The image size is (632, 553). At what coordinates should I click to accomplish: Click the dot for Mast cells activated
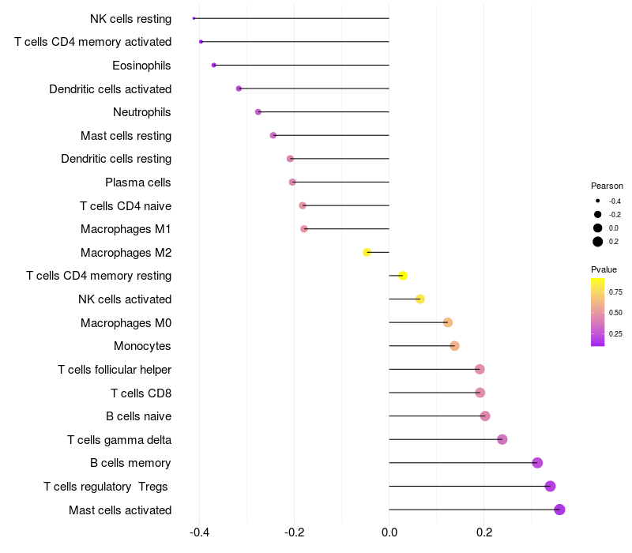[559, 510]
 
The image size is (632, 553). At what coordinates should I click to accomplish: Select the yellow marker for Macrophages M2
[367, 252]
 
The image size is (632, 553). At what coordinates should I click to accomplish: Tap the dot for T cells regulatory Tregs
[550, 486]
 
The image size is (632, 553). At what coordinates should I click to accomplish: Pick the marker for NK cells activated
[420, 299]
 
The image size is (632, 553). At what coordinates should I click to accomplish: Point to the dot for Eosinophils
[214, 65]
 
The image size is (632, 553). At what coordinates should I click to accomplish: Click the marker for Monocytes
[454, 346]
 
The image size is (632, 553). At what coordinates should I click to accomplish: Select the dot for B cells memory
[537, 463]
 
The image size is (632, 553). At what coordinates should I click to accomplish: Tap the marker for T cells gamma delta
[502, 439]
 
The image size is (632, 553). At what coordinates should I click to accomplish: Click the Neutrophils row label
[142, 112]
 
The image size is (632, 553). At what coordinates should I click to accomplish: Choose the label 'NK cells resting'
[130, 18]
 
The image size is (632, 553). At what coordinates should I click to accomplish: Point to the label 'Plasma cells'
[138, 182]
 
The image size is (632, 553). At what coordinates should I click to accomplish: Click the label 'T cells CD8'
[141, 393]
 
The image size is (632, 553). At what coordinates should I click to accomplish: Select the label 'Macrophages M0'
[126, 322]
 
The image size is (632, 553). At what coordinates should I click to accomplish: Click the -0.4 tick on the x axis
[199, 532]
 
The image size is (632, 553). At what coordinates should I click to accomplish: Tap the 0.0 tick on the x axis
[389, 532]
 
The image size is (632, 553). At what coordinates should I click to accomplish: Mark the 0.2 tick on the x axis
[484, 532]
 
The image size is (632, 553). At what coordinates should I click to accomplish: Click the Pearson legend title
[607, 186]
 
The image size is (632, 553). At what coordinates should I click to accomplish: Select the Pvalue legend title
[604, 269]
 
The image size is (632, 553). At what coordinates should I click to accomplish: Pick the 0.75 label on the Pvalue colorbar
[615, 292]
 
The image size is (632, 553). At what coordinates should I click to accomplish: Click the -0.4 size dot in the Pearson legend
[598, 201]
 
